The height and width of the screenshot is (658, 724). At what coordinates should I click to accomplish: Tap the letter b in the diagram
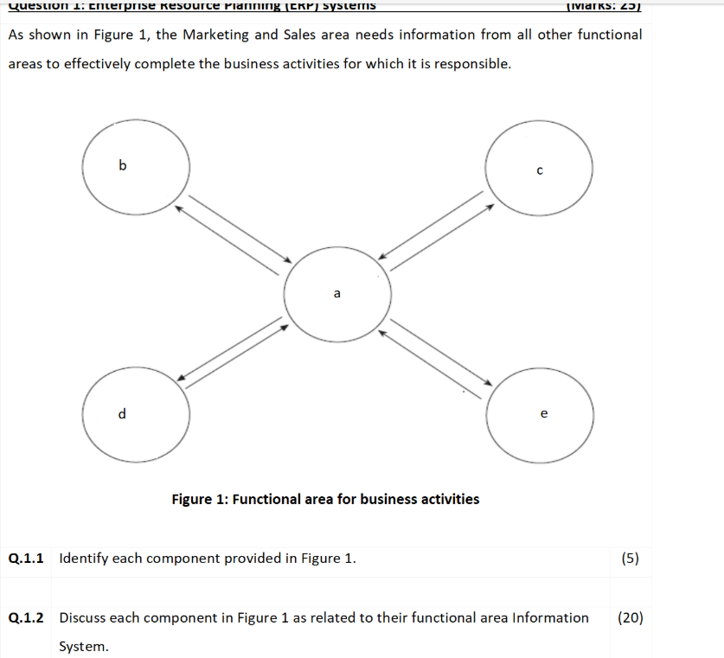coord(122,164)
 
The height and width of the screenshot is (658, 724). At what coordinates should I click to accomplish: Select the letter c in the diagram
coord(540,170)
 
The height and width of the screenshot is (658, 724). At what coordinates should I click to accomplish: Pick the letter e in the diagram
coord(543,414)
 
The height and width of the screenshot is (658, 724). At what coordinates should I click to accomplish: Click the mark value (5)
coord(631,558)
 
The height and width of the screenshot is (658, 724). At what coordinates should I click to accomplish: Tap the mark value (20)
coord(631,617)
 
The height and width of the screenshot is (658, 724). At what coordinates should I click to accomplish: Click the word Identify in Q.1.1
coord(84,558)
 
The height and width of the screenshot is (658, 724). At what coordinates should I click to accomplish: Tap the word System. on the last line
coord(84,646)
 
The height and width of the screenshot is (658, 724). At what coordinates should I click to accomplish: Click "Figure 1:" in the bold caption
coord(200,499)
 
